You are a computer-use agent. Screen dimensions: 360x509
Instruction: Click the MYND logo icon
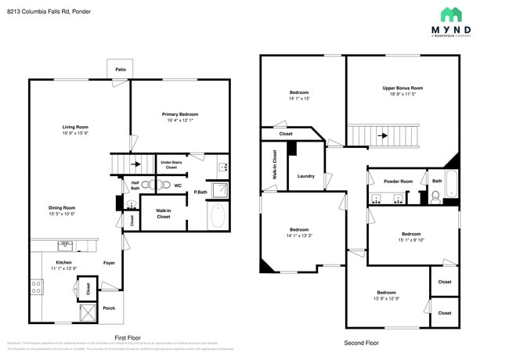(x=450, y=15)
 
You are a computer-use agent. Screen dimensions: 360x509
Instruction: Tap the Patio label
(x=121, y=70)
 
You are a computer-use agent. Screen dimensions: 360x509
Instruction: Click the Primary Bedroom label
(x=179, y=113)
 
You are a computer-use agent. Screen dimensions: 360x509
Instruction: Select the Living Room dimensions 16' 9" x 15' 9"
(x=76, y=133)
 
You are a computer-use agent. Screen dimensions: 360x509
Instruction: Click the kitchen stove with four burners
(x=36, y=286)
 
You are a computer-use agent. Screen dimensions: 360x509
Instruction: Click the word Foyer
(x=110, y=263)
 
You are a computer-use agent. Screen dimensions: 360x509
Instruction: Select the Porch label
(x=109, y=308)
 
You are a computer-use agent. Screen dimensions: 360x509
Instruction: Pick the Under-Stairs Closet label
(x=171, y=165)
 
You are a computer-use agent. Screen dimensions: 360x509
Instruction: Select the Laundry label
(x=306, y=176)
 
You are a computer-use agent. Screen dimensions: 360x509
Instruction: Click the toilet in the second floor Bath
(x=435, y=197)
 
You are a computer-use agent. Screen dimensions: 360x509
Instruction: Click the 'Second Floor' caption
(x=361, y=343)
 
